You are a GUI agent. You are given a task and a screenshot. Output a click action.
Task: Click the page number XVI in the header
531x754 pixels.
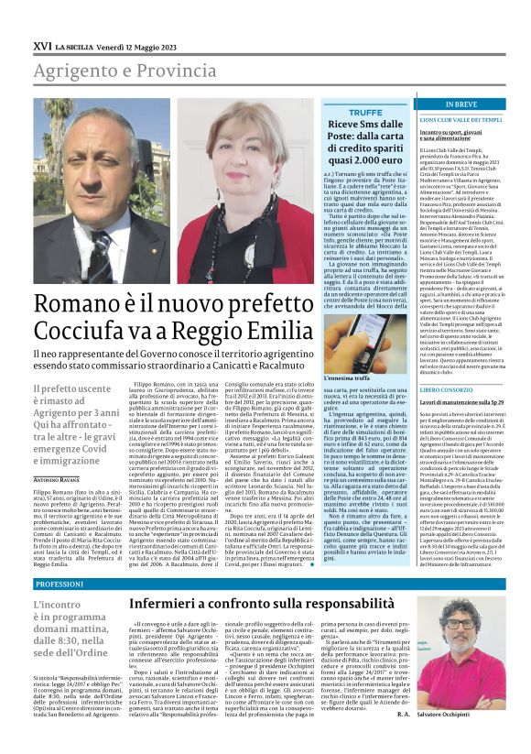[41, 44]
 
